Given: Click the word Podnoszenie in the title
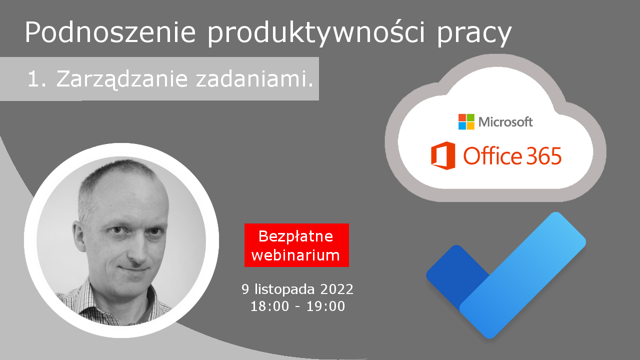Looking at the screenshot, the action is [x=110, y=32].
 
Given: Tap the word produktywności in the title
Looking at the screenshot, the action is [x=316, y=33].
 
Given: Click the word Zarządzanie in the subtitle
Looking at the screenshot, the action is [x=122, y=79].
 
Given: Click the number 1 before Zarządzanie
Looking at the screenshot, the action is [x=33, y=79].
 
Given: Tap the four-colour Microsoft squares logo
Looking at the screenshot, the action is [x=466, y=121].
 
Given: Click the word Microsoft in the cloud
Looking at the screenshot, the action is [x=505, y=122].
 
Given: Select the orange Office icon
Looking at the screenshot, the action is [x=443, y=155].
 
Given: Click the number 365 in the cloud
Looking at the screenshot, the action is [x=544, y=156].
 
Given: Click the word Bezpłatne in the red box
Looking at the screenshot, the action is [x=295, y=236].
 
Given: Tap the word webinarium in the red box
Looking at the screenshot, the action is [x=295, y=255].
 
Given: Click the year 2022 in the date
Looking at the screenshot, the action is [x=336, y=289].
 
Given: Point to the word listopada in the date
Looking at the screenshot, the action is [x=284, y=289].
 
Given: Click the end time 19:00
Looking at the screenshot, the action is [x=325, y=306].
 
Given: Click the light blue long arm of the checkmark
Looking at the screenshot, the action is [x=523, y=275].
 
